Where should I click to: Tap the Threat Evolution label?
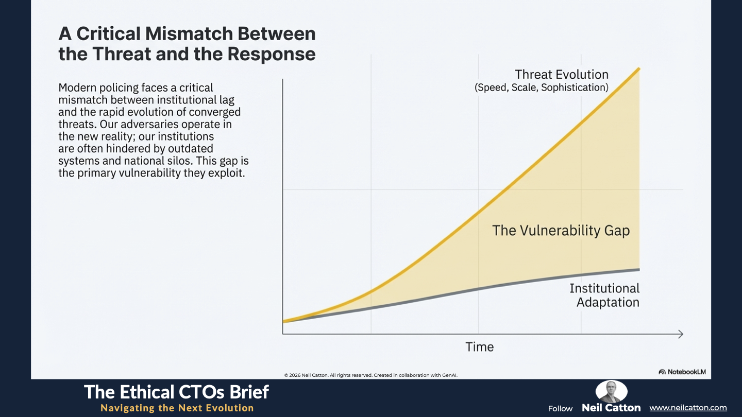562,75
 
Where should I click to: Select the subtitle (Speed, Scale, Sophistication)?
541,88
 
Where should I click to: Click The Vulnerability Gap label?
561,230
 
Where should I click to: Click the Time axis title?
480,347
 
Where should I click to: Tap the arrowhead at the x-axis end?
680,334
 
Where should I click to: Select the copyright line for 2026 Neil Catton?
370,375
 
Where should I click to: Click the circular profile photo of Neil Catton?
612,391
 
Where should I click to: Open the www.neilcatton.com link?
688,408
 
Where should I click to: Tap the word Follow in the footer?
560,409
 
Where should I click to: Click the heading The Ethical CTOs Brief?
176,392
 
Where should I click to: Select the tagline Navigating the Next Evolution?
177,408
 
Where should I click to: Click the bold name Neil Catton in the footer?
611,408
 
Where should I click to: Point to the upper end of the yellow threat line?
638,69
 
